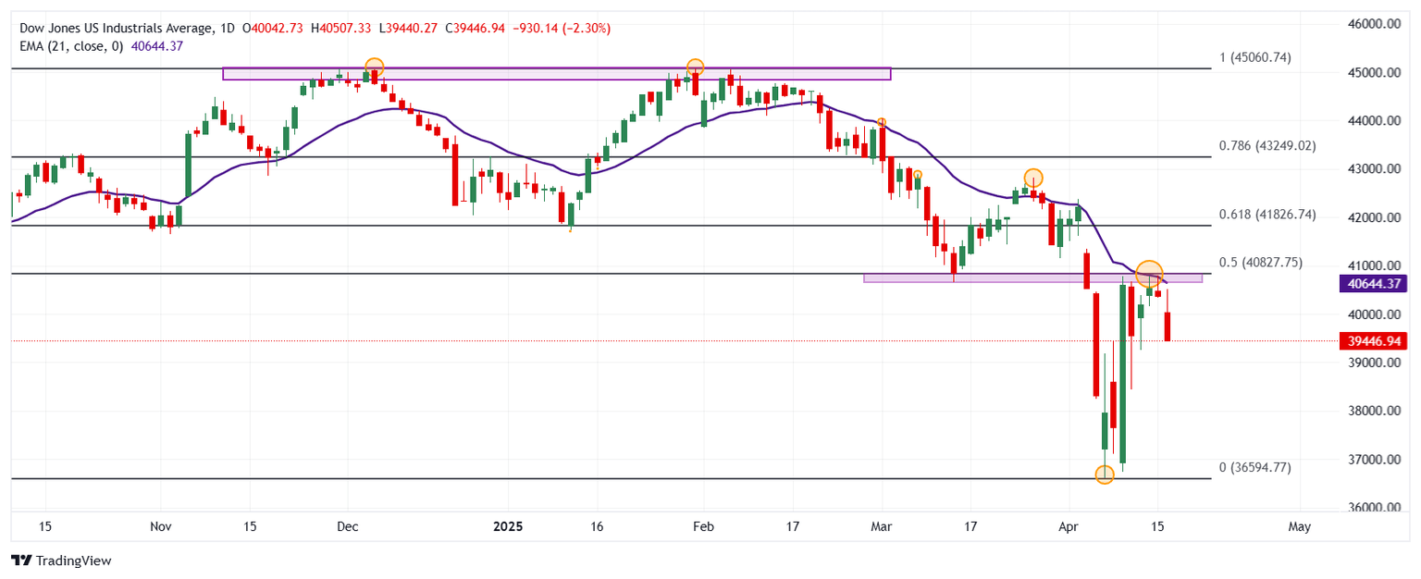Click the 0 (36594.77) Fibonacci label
pyautogui.click(x=1254, y=467)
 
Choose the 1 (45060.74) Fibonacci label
pyautogui.click(x=1254, y=57)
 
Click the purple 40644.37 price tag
pyautogui.click(x=1373, y=285)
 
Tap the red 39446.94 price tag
pyautogui.click(x=1373, y=340)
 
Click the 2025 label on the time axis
pyautogui.click(x=509, y=526)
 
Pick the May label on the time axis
pyautogui.click(x=1299, y=526)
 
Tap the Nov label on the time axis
pyautogui.click(x=161, y=526)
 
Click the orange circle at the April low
pyautogui.click(x=1104, y=474)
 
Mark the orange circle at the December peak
pyautogui.click(x=374, y=67)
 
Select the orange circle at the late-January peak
pyautogui.click(x=695, y=67)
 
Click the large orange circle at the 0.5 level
pyautogui.click(x=1148, y=273)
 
